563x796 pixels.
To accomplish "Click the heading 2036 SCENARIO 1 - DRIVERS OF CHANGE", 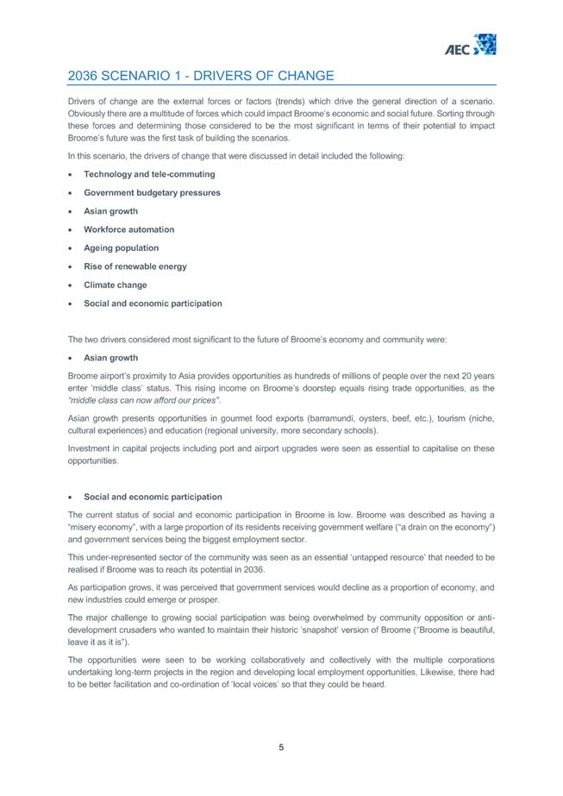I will coord(200,77).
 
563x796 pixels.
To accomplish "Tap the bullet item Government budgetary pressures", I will coord(152,192).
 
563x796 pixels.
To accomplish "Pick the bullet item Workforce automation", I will coord(128,229).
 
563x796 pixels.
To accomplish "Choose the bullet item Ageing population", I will coord(121,248).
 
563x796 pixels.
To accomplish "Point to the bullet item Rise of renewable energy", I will coord(134,266).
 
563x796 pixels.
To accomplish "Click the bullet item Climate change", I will coord(115,285).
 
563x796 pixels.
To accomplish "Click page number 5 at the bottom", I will coord(281,747).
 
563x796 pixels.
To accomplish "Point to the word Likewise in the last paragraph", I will coord(436,673).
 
